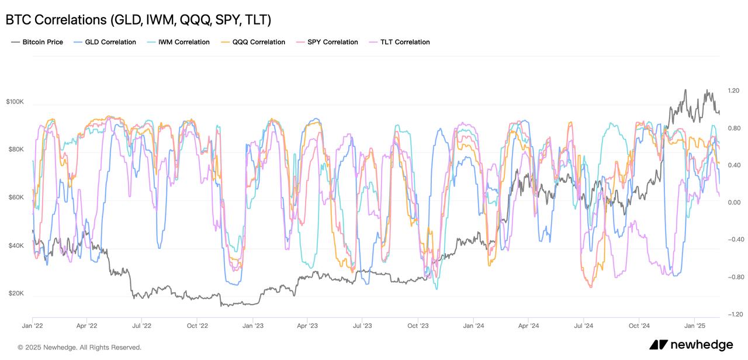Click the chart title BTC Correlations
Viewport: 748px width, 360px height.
138,20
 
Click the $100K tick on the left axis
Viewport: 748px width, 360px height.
15,102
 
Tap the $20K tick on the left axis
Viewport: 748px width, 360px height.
15,293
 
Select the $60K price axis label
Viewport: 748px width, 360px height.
15,198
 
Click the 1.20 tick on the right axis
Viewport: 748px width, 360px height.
734,91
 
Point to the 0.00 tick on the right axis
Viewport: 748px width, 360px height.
734,203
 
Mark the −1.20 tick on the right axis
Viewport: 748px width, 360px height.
733,314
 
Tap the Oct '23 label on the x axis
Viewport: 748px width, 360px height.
418,326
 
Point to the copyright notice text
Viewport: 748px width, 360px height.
79,347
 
